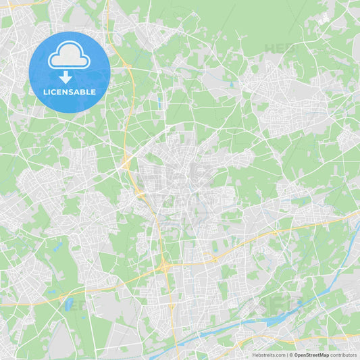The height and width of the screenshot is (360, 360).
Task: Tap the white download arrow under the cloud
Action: (x=66, y=78)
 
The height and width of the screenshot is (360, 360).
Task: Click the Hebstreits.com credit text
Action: (x=268, y=355)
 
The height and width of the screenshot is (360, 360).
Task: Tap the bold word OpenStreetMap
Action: (x=311, y=355)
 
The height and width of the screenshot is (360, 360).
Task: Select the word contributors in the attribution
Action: (x=343, y=355)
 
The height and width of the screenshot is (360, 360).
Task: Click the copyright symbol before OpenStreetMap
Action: (x=291, y=355)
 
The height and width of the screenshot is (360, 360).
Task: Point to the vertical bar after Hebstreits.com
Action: (x=286, y=355)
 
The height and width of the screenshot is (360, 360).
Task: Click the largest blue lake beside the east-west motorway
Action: (x=68, y=305)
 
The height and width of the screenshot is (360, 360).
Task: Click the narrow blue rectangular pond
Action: (x=159, y=104)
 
